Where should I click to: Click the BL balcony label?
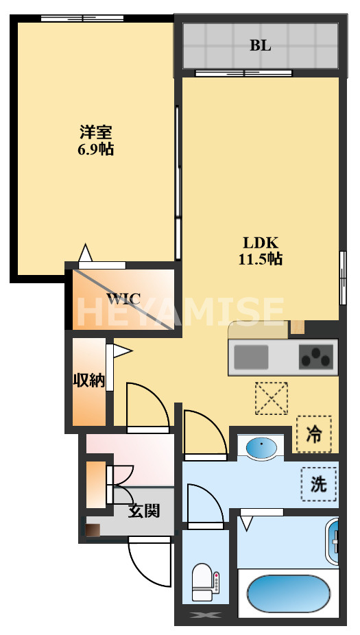(260, 46)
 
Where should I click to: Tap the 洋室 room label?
(95, 132)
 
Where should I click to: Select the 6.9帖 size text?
(95, 149)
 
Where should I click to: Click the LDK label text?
(260, 242)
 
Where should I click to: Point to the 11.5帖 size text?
(261, 259)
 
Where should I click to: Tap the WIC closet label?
(123, 299)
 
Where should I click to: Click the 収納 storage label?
(89, 381)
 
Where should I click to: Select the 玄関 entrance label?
(144, 510)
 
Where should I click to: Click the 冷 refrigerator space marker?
(313, 434)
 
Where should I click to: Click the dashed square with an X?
(271, 398)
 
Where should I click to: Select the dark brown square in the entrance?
(93, 529)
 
